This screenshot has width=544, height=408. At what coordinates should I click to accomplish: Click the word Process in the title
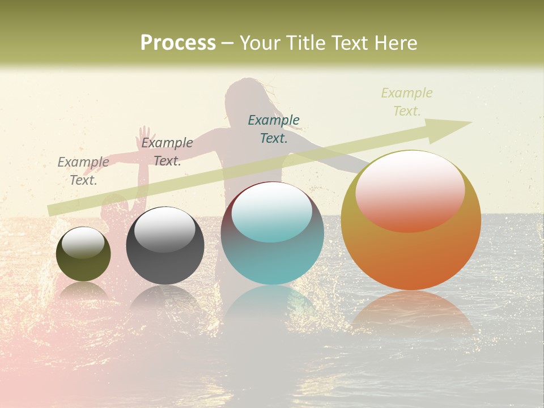(x=178, y=42)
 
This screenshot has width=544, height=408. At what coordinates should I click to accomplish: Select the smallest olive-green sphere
(x=83, y=254)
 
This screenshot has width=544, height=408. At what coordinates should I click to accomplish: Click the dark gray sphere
(x=165, y=245)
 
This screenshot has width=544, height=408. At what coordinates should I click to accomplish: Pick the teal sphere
(x=273, y=233)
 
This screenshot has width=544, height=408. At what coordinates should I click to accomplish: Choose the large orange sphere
(x=411, y=220)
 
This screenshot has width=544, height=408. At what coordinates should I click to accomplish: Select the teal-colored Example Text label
(x=274, y=129)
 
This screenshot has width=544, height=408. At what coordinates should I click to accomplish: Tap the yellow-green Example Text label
(x=406, y=102)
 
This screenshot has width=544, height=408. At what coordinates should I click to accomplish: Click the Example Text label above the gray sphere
(x=167, y=152)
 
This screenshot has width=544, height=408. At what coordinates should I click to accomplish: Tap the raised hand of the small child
(x=144, y=135)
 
